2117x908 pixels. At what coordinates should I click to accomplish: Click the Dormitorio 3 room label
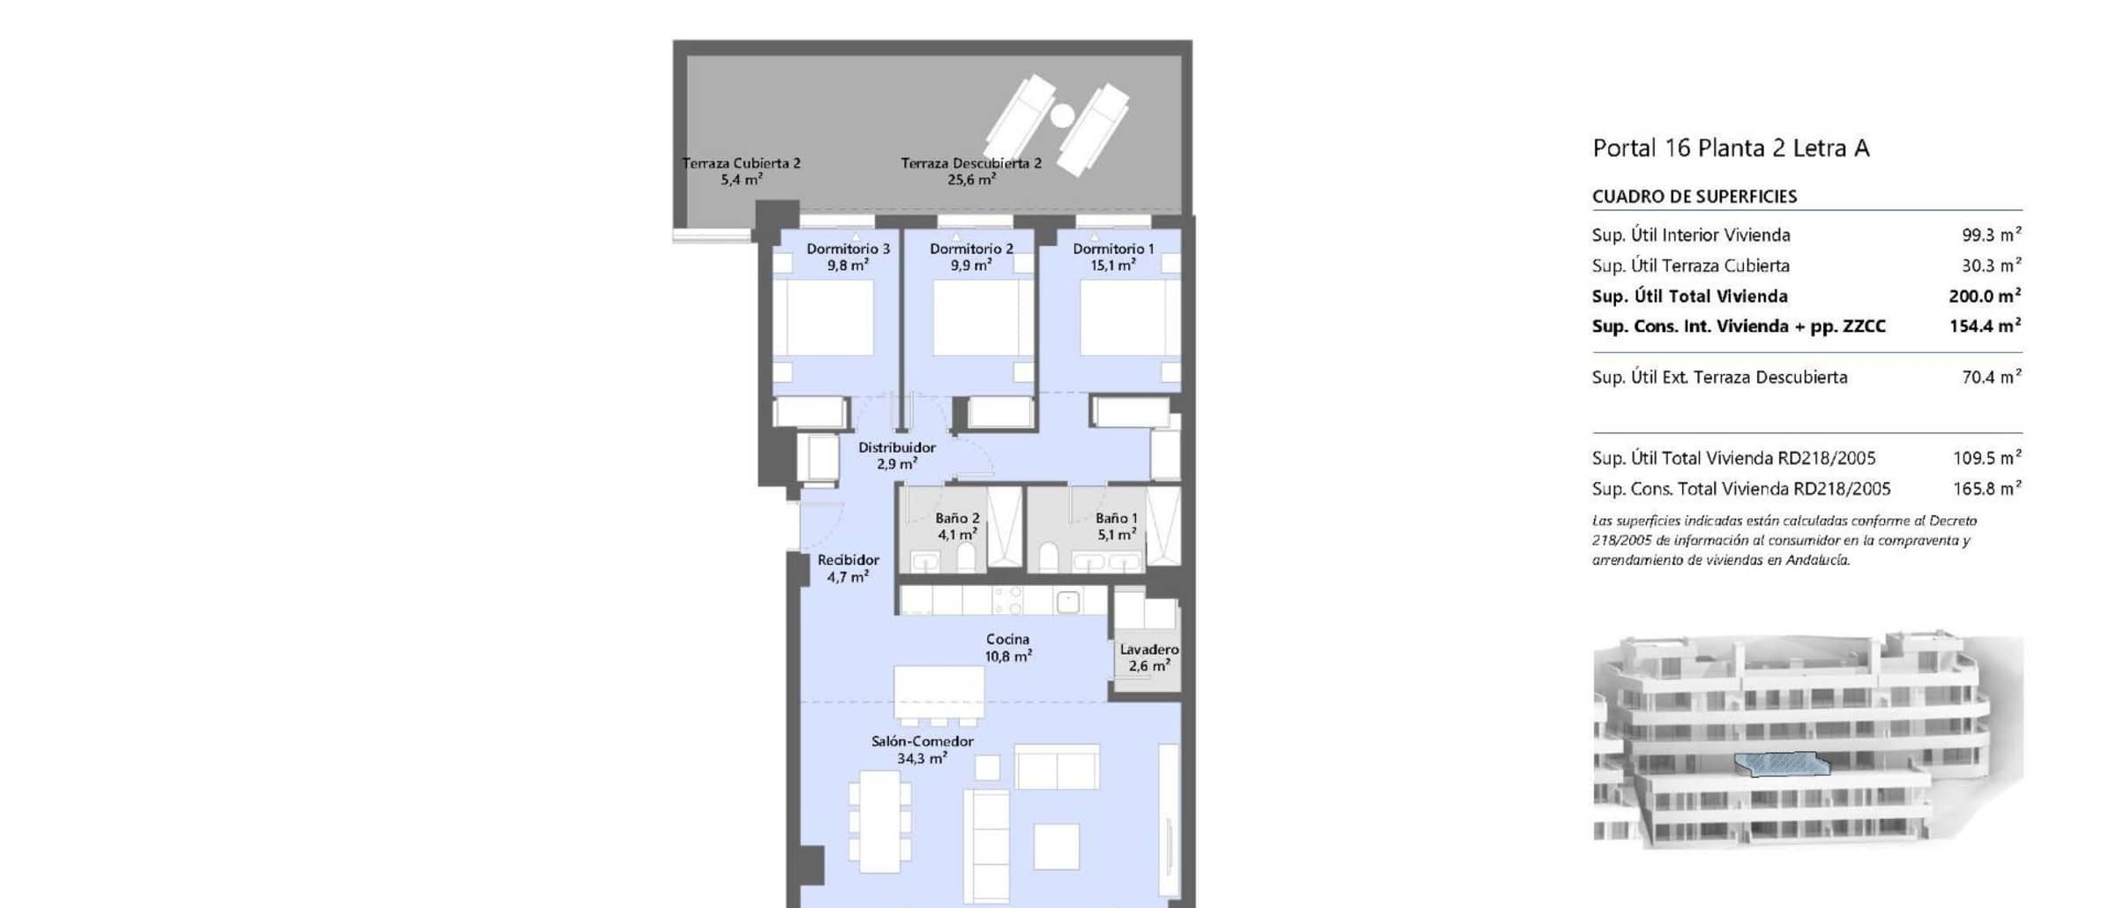pos(848,249)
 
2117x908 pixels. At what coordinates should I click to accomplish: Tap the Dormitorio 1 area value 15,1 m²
pos(1112,265)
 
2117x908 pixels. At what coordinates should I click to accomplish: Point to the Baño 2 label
pos(957,519)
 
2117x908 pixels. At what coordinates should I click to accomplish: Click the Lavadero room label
pos(1148,649)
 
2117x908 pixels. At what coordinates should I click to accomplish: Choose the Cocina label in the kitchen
pos(1007,639)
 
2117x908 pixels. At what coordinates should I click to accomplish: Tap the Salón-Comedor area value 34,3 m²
pos(922,758)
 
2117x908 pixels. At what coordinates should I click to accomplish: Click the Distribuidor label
pos(897,447)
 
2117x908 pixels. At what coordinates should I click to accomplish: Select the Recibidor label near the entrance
pos(848,559)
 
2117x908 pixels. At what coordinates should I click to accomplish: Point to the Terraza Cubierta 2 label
pos(741,163)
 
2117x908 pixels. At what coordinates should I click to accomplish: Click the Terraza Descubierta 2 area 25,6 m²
pos(971,179)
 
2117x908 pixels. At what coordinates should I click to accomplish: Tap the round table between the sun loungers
pos(1062,116)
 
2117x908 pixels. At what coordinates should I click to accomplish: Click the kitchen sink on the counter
pos(1067,602)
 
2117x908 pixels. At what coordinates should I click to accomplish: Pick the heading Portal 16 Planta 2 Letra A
pos(1731,148)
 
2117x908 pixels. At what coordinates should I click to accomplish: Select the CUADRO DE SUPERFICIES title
pos(1694,197)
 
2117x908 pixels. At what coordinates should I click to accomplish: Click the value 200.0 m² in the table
pos(1985,296)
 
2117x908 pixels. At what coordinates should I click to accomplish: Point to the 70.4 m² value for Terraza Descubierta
pos(1991,377)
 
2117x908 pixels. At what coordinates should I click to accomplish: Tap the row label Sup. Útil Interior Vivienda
pos(1691,235)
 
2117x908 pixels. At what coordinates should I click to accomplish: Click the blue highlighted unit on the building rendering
pos(1783,764)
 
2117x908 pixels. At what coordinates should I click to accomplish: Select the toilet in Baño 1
pos(1049,558)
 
